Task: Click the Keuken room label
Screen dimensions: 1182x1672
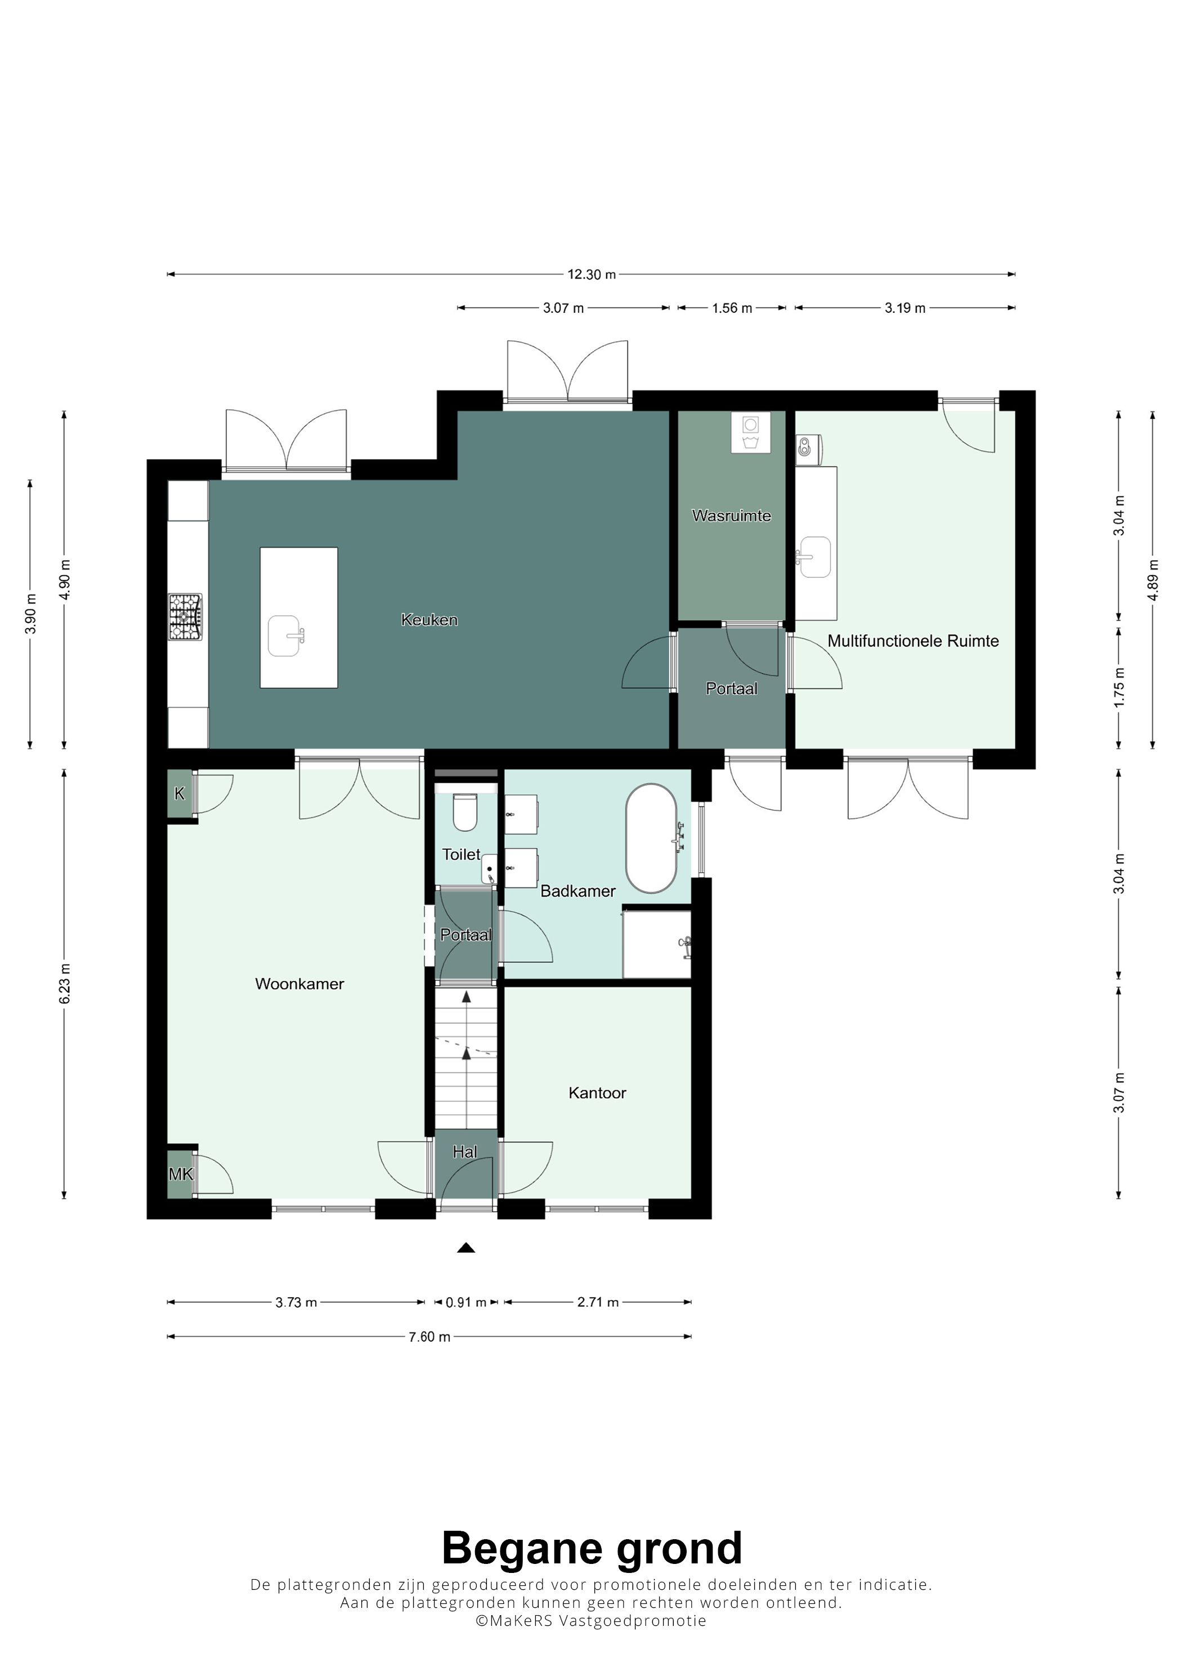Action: point(429,620)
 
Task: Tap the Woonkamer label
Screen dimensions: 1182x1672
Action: point(299,984)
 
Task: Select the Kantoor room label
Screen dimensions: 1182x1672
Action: point(597,1092)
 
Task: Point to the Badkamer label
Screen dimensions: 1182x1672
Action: point(577,891)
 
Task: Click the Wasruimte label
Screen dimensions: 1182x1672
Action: point(731,516)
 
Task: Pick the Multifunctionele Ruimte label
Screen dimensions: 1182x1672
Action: point(914,641)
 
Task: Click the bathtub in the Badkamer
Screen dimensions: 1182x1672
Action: point(651,838)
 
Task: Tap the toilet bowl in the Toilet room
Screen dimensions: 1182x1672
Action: point(465,812)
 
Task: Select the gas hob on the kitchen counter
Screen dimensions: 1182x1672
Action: point(185,617)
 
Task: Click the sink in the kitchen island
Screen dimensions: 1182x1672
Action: point(284,636)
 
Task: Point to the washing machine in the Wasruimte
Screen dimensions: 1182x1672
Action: point(750,433)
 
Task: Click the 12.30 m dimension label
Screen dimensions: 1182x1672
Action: point(592,275)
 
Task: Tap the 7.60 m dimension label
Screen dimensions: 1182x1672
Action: point(429,1336)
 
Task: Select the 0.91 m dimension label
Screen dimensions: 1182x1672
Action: point(465,1302)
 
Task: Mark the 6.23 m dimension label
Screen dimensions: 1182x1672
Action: point(65,983)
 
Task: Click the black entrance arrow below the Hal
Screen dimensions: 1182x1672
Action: point(466,1248)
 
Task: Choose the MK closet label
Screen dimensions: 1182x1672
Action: point(181,1174)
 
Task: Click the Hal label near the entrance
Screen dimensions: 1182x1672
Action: point(465,1151)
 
